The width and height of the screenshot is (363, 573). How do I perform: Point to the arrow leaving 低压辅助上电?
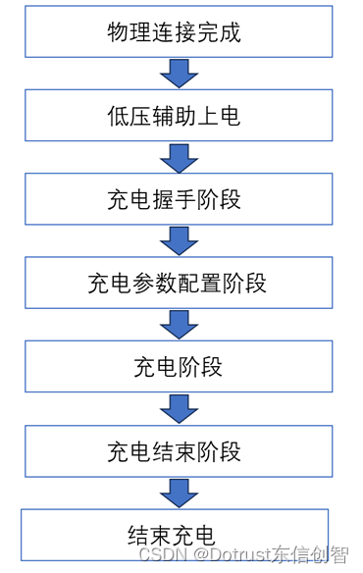(x=178, y=158)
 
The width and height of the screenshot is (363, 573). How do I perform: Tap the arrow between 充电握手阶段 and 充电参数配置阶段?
(x=178, y=241)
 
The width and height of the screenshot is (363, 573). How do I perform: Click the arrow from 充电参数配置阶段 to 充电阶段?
(x=178, y=325)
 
